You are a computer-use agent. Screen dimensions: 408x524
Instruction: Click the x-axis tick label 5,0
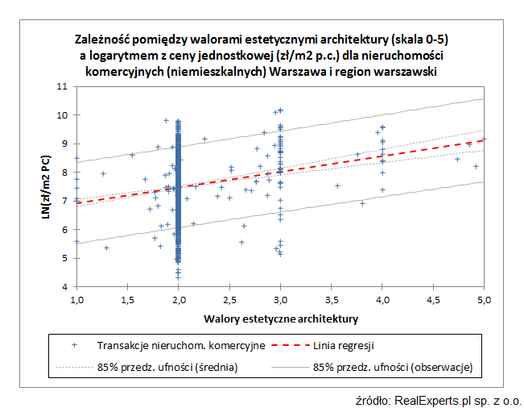click(x=484, y=300)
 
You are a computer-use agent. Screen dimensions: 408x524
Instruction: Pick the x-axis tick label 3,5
click(x=331, y=300)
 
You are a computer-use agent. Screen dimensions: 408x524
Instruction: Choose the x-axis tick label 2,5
click(x=229, y=300)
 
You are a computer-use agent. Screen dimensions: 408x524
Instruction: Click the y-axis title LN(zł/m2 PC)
click(x=47, y=186)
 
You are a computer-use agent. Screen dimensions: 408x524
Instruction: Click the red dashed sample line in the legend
click(x=286, y=345)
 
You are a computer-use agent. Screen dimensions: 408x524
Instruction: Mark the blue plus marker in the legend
click(x=75, y=345)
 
